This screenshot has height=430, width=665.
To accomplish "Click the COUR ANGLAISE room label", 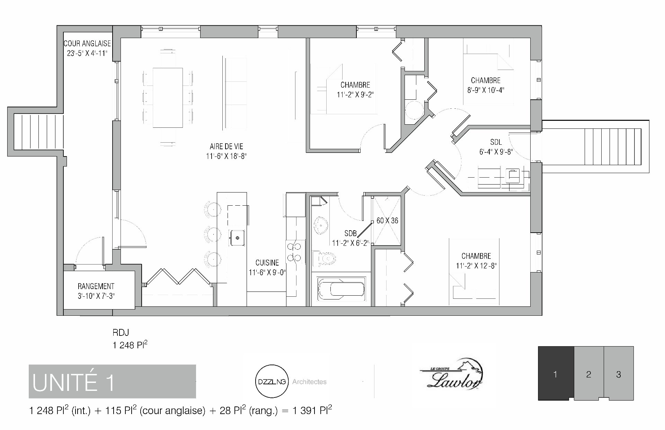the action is click(87, 44).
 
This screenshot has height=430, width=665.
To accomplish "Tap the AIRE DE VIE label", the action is click(226, 147).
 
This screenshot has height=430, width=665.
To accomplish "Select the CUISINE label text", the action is click(267, 263).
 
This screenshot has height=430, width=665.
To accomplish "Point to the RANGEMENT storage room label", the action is click(96, 286).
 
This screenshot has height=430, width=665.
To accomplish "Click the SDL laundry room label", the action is click(496, 142).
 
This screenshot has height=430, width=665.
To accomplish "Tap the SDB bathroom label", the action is click(351, 234).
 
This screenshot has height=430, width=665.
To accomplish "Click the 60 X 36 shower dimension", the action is click(387, 221).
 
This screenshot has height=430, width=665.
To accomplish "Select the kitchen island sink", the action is click(237, 238).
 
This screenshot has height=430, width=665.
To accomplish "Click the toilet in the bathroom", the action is click(324, 258).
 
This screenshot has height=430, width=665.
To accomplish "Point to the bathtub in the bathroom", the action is click(342, 289).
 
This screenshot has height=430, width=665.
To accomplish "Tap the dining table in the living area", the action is click(168, 98).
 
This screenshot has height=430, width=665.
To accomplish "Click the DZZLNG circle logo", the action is click(272, 382).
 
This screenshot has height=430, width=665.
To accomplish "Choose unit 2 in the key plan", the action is click(589, 374).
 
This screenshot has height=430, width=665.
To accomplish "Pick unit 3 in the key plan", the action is click(619, 374).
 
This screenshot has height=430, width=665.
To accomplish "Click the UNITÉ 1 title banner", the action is click(112, 382).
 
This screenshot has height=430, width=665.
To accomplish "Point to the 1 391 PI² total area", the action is click(312, 411).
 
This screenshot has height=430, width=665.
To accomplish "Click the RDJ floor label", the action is click(121, 333).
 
